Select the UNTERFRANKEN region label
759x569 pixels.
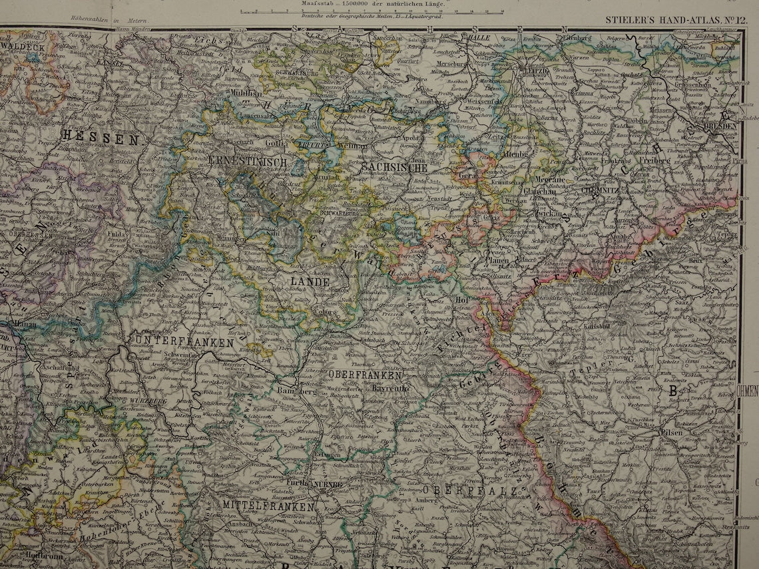click(x=184, y=342)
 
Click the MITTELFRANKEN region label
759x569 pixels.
click(x=268, y=506)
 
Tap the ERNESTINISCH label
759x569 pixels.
click(x=247, y=162)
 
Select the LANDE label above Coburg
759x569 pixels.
click(x=309, y=282)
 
